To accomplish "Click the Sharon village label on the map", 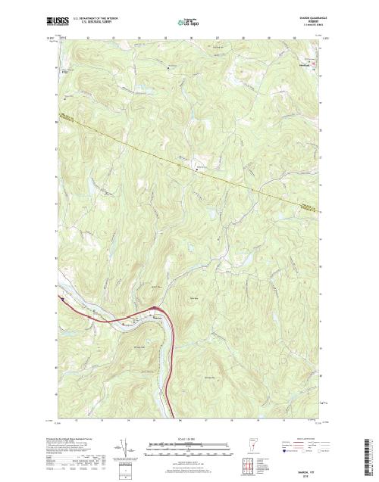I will [x=155, y=307].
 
